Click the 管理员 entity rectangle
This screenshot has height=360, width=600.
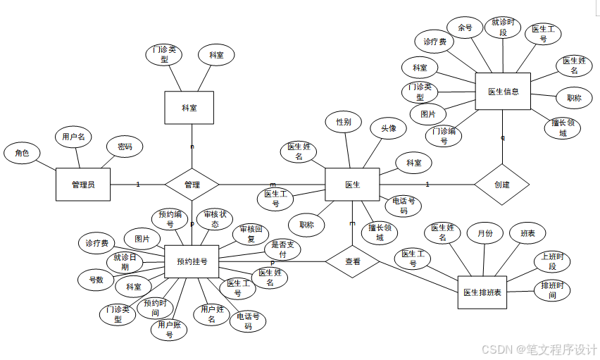83,185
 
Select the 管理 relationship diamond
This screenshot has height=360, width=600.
192,185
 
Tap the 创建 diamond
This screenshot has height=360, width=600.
501,185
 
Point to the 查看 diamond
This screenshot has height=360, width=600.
352,261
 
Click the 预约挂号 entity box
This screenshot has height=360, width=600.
192,261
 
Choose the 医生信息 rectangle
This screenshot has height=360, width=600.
503,92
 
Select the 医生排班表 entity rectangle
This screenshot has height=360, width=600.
482,292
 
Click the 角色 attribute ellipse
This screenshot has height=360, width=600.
22,152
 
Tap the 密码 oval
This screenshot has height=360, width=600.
125,147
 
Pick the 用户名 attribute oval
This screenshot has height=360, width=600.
73,137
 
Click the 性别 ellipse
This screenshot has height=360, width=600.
344,122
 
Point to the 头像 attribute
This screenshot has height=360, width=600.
389,128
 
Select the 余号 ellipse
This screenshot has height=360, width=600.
465,27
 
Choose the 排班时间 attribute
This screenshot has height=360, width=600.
552,290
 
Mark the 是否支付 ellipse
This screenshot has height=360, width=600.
283,249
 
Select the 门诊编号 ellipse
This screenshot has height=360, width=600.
444,136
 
